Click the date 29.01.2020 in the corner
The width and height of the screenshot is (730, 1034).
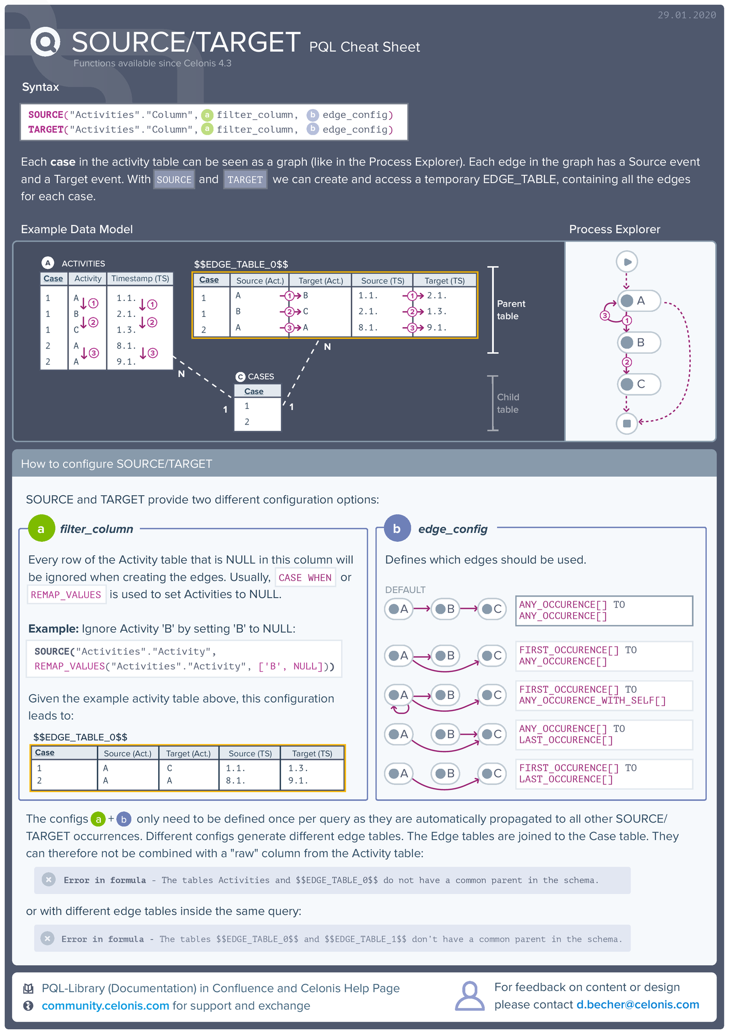[686, 15]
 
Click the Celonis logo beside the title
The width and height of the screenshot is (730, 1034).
[45, 42]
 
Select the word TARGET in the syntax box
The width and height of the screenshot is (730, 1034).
[45, 129]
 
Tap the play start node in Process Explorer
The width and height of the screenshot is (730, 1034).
[627, 262]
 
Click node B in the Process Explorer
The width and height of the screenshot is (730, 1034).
[639, 342]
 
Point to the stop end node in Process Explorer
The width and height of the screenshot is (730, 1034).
[627, 423]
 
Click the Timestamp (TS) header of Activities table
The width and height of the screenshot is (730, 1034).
[140, 279]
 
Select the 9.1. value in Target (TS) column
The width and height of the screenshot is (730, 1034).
[437, 328]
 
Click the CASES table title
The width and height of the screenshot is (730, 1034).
[260, 376]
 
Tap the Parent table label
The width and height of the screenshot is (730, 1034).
[510, 310]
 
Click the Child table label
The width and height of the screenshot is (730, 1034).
[507, 403]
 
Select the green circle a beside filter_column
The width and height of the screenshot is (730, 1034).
[41, 528]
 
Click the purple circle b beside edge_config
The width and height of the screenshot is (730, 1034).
[397, 528]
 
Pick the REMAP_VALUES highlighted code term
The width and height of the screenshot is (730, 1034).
[66, 595]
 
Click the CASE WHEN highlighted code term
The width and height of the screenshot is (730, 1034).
[305, 577]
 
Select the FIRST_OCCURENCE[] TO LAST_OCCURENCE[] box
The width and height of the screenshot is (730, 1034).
[603, 773]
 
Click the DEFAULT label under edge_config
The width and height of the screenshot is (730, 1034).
[405, 590]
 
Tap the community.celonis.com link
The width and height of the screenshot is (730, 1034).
[105, 1006]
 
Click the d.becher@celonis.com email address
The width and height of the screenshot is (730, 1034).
[638, 1005]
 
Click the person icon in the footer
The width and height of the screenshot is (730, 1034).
[469, 996]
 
